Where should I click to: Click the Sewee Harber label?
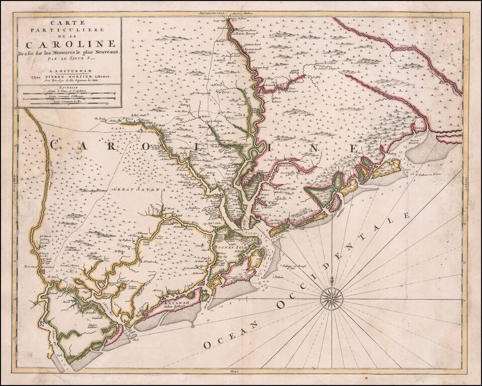click(415, 141)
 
